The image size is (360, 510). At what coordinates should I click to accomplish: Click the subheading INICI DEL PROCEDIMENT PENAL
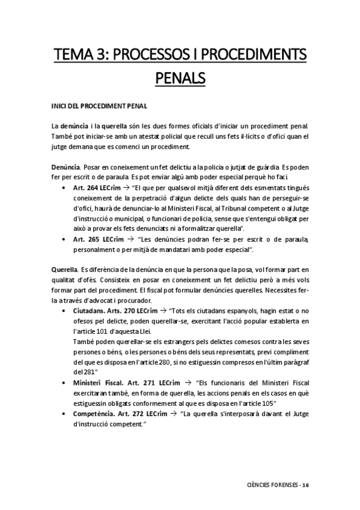99,106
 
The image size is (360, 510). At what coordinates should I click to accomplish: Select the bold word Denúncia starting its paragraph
65,165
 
